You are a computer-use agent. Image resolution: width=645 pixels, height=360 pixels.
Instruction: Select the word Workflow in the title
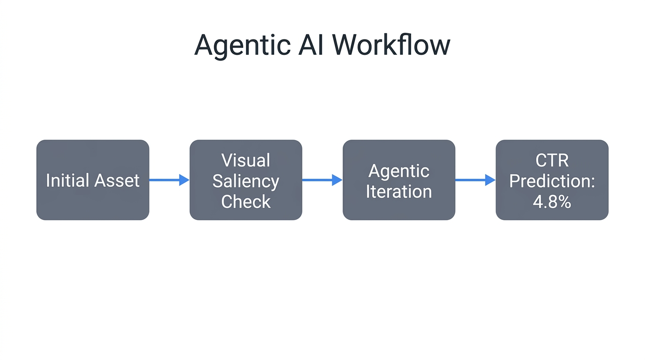[x=391, y=45]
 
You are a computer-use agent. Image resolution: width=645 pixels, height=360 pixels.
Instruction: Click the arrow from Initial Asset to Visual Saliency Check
[x=169, y=180]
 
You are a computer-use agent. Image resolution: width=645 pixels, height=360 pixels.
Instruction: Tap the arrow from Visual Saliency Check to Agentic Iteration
[x=322, y=180]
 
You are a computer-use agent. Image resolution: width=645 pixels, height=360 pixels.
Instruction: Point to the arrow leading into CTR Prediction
[x=475, y=180]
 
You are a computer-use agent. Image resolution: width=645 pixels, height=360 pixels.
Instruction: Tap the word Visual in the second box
[x=246, y=160]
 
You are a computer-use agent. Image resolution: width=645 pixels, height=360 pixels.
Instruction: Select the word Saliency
[x=246, y=181]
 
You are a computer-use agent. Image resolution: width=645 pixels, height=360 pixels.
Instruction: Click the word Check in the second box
[x=246, y=202]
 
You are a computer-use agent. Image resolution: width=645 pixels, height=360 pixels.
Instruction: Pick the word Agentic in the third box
[x=399, y=171]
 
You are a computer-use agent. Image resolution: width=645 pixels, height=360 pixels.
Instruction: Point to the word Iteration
[x=399, y=191]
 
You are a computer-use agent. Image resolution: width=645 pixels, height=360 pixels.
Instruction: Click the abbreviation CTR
[x=552, y=160]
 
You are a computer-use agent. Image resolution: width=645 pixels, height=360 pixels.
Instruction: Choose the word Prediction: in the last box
[x=552, y=181]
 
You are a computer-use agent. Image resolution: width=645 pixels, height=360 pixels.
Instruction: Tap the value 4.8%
[x=552, y=202]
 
